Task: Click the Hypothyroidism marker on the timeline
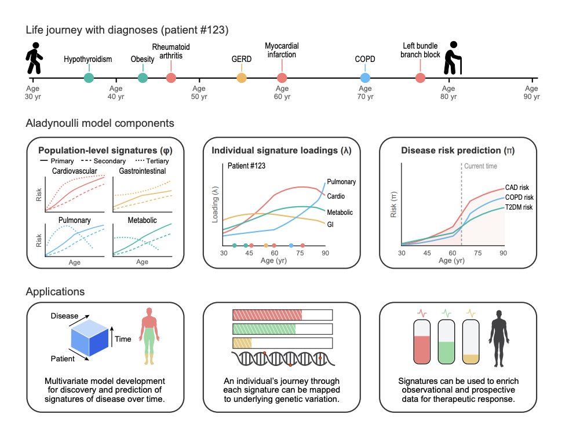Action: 88,78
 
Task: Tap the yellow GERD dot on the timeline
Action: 242,78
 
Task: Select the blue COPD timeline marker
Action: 364,78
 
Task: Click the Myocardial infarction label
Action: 281,50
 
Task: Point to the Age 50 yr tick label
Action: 199,93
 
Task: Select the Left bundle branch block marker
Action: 420,78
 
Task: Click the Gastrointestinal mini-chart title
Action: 142,171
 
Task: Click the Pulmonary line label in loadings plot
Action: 341,181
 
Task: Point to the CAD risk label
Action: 517,187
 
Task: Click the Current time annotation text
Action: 481,167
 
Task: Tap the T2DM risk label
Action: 519,207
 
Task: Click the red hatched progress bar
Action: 267,315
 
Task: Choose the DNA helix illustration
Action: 284,359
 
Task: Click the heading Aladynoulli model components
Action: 100,123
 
